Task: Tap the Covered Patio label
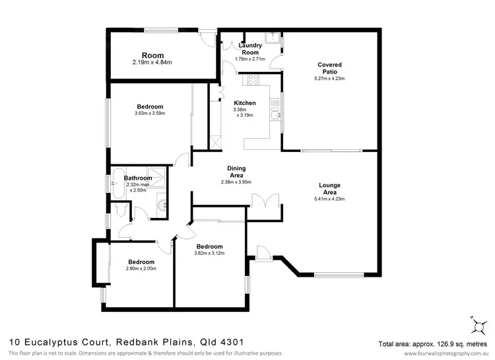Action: pos(329,69)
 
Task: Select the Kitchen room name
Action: pos(245,103)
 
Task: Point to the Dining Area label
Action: pos(236,172)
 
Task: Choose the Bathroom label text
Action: pos(139,178)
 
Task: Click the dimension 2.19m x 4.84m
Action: pos(152,63)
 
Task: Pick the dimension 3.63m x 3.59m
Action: pos(149,113)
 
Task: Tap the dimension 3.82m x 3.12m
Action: pos(209,252)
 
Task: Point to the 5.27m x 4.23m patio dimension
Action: pos(329,79)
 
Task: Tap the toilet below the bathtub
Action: pos(119,210)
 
